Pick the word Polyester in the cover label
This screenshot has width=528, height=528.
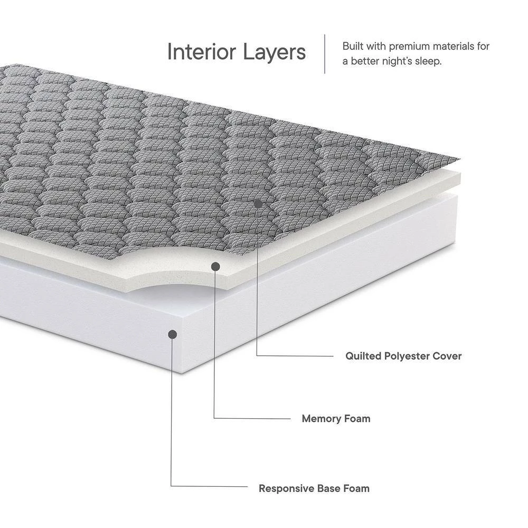(x=407, y=356)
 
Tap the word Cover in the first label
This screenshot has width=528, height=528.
(x=447, y=356)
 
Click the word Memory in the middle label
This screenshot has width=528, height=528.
(x=320, y=419)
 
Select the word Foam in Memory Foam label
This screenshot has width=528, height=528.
(x=356, y=419)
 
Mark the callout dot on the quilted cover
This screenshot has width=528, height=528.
(x=258, y=203)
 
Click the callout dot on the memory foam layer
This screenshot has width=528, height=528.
(x=215, y=267)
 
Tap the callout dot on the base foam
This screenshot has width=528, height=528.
(x=172, y=334)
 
